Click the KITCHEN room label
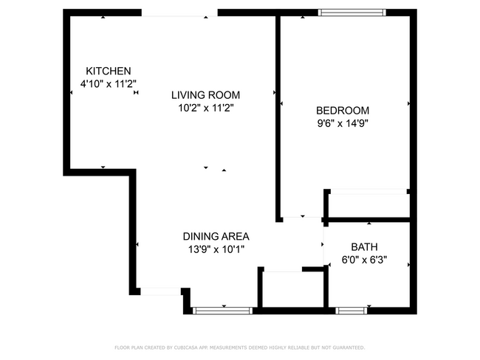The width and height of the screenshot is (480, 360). (x=108, y=71)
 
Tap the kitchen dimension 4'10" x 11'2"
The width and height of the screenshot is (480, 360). (x=108, y=85)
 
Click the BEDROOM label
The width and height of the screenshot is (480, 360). (x=343, y=111)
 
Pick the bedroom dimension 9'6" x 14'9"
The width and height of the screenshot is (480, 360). (x=343, y=124)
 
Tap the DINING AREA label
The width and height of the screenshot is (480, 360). (x=216, y=237)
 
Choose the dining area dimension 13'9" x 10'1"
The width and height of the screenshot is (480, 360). (x=216, y=249)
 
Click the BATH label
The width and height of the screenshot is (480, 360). (x=364, y=247)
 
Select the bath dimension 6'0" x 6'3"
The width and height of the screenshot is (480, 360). (x=364, y=260)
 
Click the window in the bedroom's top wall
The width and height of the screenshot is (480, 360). (x=352, y=12)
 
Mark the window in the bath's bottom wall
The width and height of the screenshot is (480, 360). (x=352, y=311)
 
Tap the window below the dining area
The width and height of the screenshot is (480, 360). (x=222, y=311)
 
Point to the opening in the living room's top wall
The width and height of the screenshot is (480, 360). (x=179, y=13)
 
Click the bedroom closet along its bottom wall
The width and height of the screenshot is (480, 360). (x=368, y=204)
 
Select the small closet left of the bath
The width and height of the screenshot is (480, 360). (x=292, y=289)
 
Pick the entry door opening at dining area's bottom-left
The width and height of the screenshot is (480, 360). (x=161, y=291)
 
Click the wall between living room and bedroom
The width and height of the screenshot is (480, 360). (x=278, y=118)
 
